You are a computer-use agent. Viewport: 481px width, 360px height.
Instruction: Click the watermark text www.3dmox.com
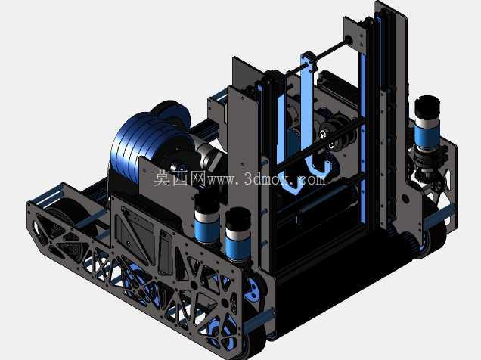click(x=266, y=178)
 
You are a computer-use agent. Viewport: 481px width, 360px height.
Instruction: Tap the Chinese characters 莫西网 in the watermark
click(x=180, y=178)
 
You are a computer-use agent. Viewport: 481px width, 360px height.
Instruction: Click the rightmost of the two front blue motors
click(x=237, y=235)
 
